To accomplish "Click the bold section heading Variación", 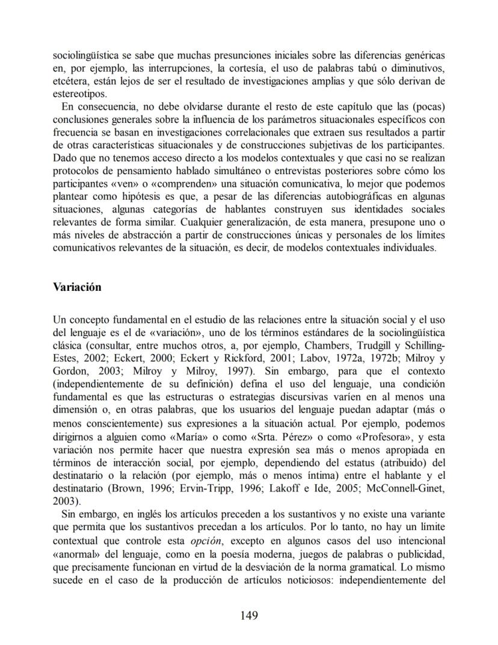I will pos(77,287).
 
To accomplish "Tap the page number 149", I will pos(248,615).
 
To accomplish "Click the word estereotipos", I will pos(80,93).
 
